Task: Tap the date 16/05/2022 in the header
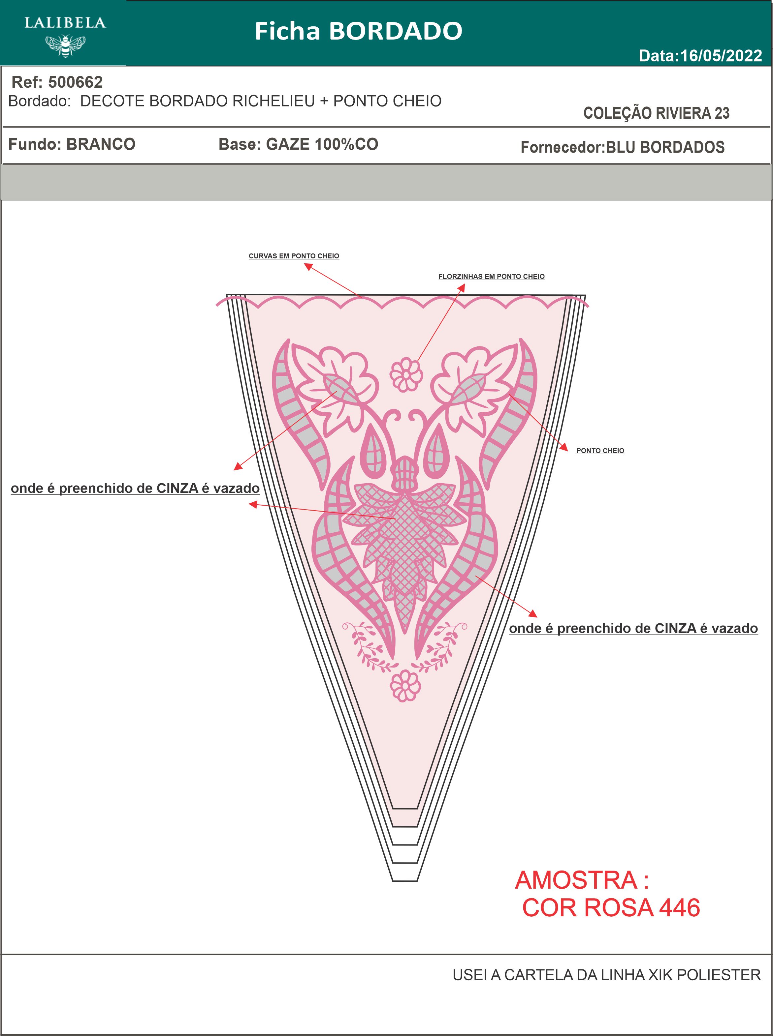click(721, 56)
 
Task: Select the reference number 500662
click(75, 82)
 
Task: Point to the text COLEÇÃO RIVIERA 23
click(656, 113)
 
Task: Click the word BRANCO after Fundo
click(101, 144)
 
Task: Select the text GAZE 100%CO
click(322, 144)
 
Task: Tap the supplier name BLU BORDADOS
click(665, 147)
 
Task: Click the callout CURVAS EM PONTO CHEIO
click(294, 256)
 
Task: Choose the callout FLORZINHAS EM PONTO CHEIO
click(491, 276)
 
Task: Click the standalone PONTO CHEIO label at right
click(600, 451)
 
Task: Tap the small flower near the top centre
click(406, 374)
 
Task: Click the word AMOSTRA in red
click(576, 880)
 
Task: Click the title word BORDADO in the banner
click(395, 31)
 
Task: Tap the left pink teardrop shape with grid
click(374, 450)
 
